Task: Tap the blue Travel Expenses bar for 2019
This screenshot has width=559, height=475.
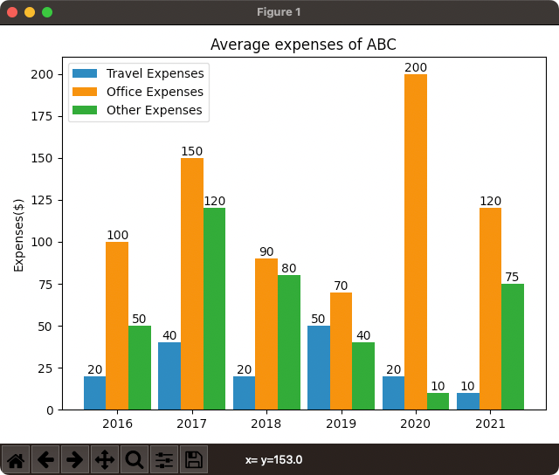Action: pyautogui.click(x=319, y=368)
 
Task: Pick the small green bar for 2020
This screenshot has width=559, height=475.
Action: pyautogui.click(x=438, y=402)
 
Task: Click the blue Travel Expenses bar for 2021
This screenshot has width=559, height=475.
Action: pyautogui.click(x=468, y=402)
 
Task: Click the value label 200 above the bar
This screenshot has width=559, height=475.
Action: pyautogui.click(x=416, y=67)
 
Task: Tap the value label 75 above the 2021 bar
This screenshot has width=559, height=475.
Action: pyautogui.click(x=513, y=278)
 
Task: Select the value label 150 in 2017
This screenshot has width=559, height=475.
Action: pyautogui.click(x=191, y=151)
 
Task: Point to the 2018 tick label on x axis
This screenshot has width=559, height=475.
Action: pyautogui.click(x=266, y=424)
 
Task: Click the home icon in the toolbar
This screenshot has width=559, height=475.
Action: pyautogui.click(x=17, y=459)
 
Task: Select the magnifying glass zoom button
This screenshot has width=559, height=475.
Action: pyautogui.click(x=135, y=459)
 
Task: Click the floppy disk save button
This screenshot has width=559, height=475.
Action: pyautogui.click(x=194, y=459)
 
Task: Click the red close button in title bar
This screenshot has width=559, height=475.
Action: pyautogui.click(x=12, y=12)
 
